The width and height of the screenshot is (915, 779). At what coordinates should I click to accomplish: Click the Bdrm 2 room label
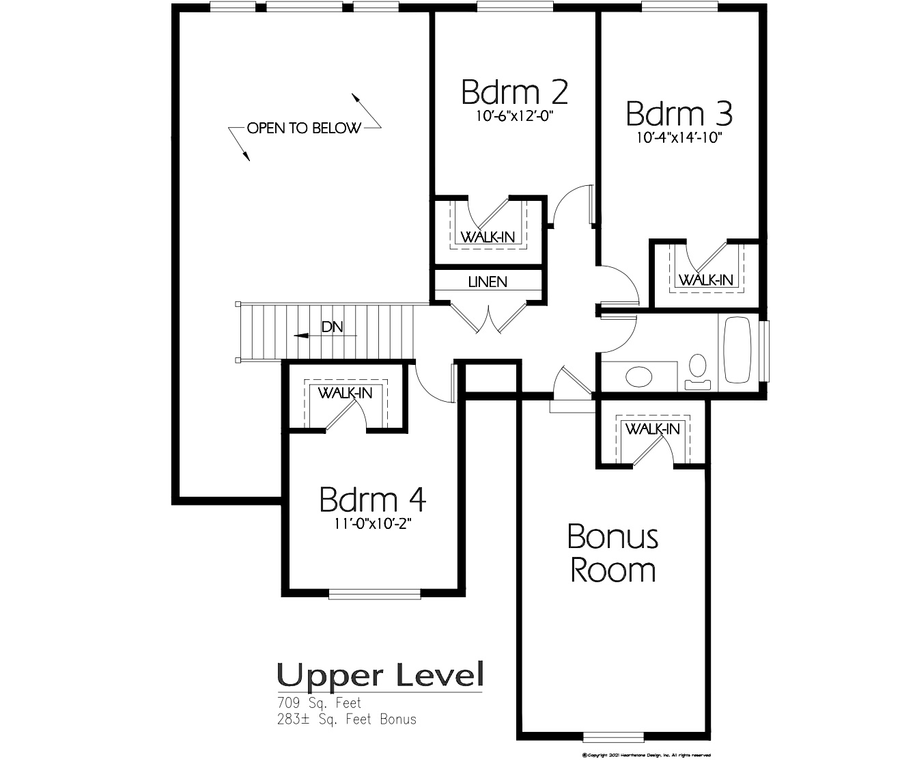tap(515, 92)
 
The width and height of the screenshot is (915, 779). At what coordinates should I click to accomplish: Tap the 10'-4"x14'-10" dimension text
tap(679, 137)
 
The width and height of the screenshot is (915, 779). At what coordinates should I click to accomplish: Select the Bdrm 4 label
tap(373, 500)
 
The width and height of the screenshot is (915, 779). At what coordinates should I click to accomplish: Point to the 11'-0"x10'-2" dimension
tap(372, 524)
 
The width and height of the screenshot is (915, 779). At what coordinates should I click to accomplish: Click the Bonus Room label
tap(613, 553)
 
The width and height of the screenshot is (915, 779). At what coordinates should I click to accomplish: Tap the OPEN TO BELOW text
tap(304, 128)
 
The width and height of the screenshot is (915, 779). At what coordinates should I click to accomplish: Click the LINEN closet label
tap(488, 282)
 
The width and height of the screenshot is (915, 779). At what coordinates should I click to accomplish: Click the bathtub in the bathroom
tap(737, 349)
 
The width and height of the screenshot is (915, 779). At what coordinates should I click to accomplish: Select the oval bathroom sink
tap(639, 377)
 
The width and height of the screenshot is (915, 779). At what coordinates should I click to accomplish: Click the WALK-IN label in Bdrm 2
tap(488, 237)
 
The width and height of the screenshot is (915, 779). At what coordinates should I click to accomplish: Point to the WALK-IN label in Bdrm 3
tap(705, 279)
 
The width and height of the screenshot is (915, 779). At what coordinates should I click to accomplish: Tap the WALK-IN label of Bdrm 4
tap(345, 393)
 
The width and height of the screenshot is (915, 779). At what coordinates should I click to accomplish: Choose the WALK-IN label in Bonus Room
tap(653, 428)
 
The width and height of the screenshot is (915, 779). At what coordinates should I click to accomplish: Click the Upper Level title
tap(380, 675)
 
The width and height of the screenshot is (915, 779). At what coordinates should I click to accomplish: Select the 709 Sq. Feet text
tap(319, 702)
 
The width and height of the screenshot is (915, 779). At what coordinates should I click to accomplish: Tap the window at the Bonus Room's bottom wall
tap(613, 737)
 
